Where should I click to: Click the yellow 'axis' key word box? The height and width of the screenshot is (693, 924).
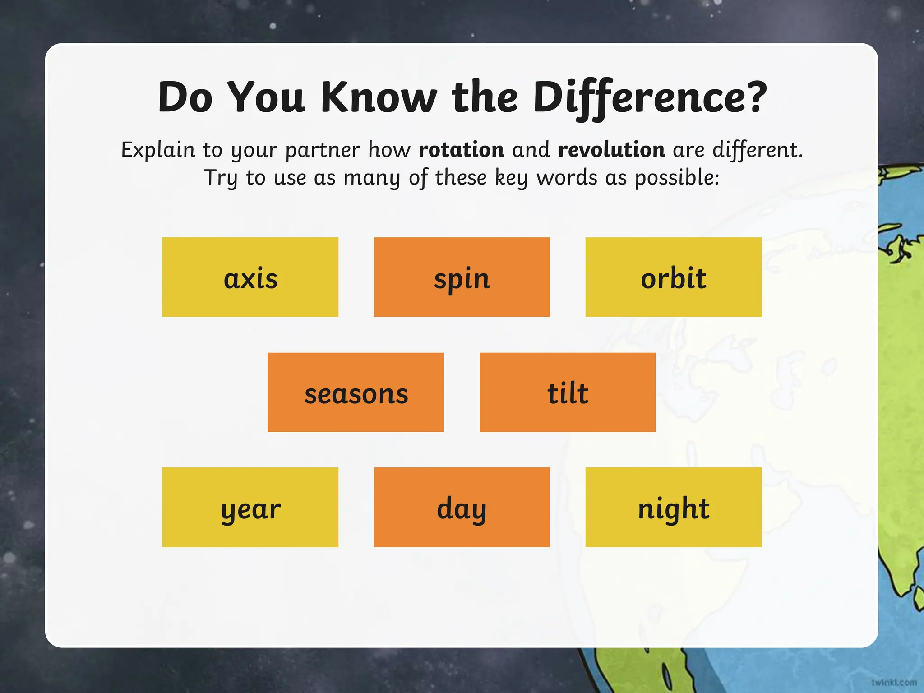[x=250, y=277]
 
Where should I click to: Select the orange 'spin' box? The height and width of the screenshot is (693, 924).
[x=462, y=277]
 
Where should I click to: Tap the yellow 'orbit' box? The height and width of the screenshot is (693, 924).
[x=673, y=277]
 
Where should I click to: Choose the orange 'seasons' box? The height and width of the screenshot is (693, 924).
[x=356, y=393]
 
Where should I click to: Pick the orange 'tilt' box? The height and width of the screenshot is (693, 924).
[x=568, y=393]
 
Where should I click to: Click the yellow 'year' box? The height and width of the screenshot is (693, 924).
[x=250, y=508]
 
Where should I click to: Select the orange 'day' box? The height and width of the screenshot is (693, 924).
[x=462, y=508]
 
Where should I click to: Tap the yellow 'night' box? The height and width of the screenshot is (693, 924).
[x=673, y=508]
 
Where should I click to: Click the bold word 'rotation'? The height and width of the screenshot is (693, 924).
[x=461, y=150]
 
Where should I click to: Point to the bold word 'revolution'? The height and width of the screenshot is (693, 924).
[x=611, y=150]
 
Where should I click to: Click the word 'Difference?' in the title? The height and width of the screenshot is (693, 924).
[x=650, y=97]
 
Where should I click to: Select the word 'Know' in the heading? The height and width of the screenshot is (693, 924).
[x=379, y=97]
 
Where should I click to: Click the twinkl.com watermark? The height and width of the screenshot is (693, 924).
[x=894, y=683]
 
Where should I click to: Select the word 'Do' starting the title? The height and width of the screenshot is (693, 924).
[x=185, y=97]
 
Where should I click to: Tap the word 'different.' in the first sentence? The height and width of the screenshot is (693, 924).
[x=758, y=150]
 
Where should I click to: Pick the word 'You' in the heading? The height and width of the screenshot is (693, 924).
[x=267, y=97]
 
